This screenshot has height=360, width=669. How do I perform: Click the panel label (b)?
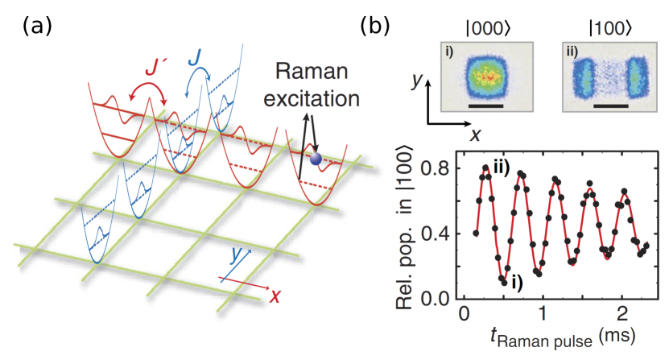[x=374, y=26]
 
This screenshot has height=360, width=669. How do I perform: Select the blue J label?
[x=194, y=56]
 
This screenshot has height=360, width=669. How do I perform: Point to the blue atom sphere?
[x=316, y=159]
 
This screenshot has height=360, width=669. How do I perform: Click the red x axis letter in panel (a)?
[x=276, y=296]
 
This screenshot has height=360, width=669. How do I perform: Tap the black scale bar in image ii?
[x=611, y=105]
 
